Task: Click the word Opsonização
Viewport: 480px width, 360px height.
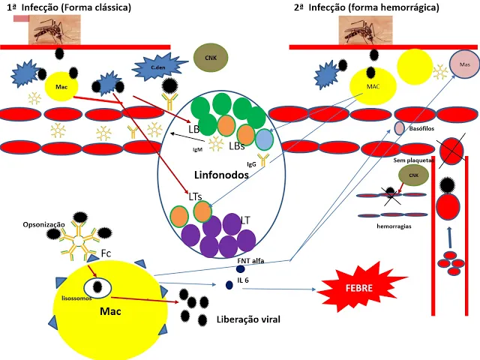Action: coord(34,225)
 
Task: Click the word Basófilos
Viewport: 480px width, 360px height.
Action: coord(424,128)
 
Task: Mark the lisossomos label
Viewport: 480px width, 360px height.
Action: coord(76,298)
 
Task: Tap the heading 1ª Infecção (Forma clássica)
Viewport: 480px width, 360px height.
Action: coord(68,7)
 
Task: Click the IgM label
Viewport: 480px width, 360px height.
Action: coord(199,149)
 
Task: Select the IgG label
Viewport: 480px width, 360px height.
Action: coord(252,163)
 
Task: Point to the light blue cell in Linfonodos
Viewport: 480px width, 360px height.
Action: coord(264,139)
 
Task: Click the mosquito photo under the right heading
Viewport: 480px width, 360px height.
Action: coord(365,29)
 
